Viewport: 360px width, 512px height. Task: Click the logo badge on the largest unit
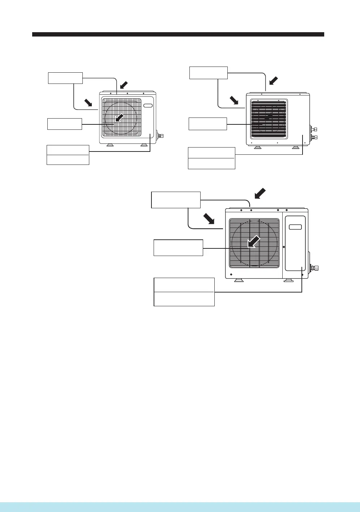(x=295, y=227)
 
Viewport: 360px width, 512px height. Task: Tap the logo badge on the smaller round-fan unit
(x=148, y=105)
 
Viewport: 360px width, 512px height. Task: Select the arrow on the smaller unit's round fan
(x=119, y=118)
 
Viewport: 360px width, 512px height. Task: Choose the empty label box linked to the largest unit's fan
(x=178, y=248)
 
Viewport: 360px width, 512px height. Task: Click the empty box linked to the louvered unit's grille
(x=208, y=124)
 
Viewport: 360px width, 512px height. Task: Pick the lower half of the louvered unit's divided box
(x=211, y=163)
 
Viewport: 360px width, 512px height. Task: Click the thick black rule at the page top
(x=178, y=34)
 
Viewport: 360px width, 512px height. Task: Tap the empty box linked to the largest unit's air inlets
(x=176, y=200)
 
